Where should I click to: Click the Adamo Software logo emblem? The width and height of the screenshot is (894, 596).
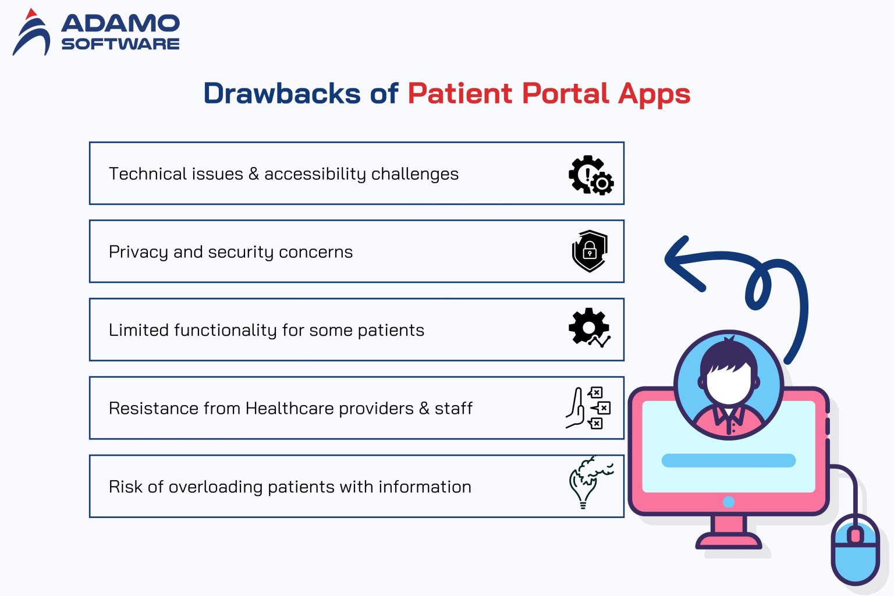click(31, 34)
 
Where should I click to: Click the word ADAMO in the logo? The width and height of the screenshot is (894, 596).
click(120, 23)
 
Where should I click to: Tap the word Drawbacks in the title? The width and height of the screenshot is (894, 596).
click(282, 94)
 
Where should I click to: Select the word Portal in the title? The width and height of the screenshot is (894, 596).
click(565, 94)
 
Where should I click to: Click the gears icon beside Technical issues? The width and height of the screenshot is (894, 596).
click(591, 175)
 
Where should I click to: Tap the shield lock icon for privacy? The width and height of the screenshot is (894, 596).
click(590, 251)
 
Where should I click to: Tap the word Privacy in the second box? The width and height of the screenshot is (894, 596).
click(139, 252)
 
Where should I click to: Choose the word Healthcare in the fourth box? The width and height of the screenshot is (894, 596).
click(289, 408)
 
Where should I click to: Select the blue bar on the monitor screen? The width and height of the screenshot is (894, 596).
click(728, 460)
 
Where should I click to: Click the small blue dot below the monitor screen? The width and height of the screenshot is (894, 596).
click(728, 502)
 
